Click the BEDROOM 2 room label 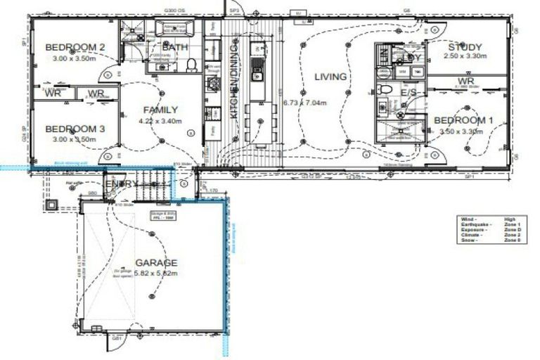click(x=75, y=47)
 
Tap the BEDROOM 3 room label click(x=75, y=129)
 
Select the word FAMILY click(x=161, y=110)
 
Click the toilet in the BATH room click(x=191, y=65)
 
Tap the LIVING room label click(x=330, y=77)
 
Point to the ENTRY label click(x=121, y=184)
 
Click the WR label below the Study click(x=465, y=81)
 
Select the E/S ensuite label click(x=410, y=92)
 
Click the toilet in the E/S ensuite click(x=384, y=90)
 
